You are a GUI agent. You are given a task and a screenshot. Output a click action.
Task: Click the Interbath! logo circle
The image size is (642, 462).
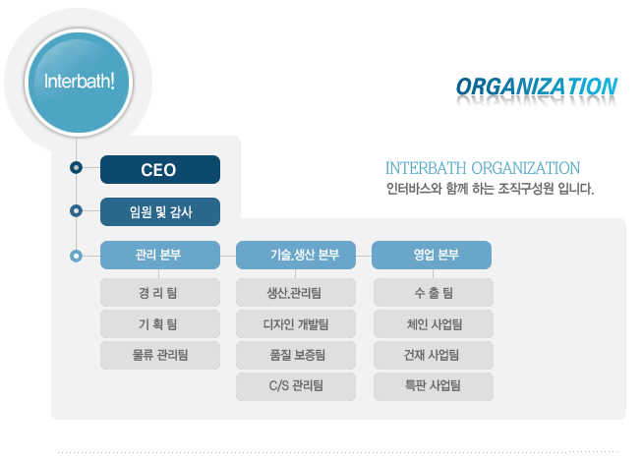coord(79,83)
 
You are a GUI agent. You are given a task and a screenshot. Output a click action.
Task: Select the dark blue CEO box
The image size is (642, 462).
coord(160,169)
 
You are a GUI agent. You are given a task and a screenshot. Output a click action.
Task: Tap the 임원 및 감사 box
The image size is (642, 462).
coord(160,211)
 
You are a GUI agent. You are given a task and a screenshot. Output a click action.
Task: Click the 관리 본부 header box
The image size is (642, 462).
coord(160,255)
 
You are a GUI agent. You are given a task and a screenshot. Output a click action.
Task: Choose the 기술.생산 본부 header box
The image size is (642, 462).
coord(296,255)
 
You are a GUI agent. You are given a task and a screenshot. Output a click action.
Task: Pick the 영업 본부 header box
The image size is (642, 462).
coord(432,255)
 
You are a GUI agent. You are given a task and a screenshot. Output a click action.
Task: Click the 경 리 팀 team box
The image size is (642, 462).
coord(160,293)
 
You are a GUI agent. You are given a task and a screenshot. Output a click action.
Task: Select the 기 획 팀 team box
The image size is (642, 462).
coord(160,324)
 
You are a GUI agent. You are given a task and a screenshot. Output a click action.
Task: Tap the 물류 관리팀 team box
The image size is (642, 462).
coord(160,355)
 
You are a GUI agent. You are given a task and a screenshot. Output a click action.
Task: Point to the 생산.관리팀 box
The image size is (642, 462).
coord(296,293)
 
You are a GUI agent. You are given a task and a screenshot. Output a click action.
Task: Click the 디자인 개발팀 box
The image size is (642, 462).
coord(296,324)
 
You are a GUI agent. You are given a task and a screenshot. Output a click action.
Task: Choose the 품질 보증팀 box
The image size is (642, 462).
coord(296,355)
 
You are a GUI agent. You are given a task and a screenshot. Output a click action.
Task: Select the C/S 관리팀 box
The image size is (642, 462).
coord(296,386)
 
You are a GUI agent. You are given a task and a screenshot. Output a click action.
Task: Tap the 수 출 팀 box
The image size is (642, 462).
coord(434,293)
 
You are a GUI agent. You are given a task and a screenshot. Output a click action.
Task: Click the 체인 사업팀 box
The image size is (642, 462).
coord(434,324)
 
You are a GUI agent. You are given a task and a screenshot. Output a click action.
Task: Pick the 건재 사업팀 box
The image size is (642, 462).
coord(434,355)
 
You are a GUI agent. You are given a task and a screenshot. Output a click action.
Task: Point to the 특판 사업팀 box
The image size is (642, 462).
coord(434,386)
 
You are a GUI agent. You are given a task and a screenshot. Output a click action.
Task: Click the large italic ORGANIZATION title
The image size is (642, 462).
coord(537,87)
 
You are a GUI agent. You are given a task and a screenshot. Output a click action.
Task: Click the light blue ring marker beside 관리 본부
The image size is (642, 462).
coord(76,256)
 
